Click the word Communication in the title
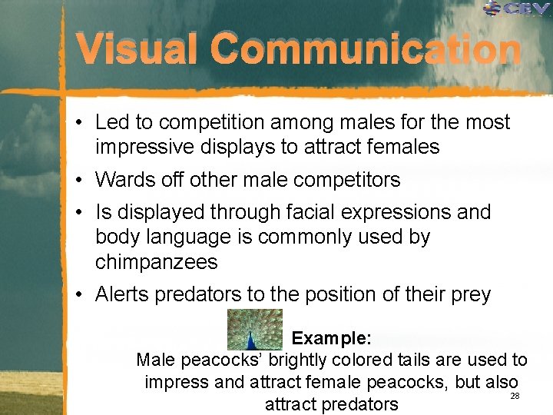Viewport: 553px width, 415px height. [x=366, y=51]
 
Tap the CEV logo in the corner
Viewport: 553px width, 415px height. [x=517, y=9]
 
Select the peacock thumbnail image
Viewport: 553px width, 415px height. [x=255, y=329]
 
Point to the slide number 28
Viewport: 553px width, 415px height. [x=515, y=395]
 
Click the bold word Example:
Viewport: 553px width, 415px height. [x=332, y=338]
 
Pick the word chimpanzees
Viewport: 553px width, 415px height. [x=157, y=262]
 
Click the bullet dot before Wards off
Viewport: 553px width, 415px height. [x=80, y=181]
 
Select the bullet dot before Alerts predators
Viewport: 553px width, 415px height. [x=80, y=295]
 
